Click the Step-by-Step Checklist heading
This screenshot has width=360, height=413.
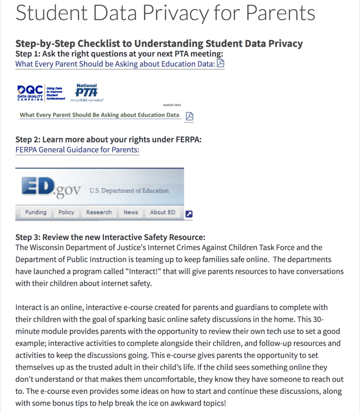(x=159, y=44)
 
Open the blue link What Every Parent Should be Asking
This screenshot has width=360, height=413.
(x=115, y=64)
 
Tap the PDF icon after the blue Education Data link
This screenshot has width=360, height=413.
(x=220, y=64)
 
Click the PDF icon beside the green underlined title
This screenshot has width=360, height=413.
(x=189, y=116)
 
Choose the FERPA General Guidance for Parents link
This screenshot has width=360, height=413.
(x=77, y=150)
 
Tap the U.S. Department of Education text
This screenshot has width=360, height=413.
(x=129, y=190)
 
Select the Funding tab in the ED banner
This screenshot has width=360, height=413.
(x=36, y=212)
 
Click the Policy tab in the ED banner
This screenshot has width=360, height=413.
(x=66, y=212)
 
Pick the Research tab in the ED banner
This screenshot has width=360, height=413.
(x=99, y=212)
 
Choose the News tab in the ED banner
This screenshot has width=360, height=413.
(x=131, y=212)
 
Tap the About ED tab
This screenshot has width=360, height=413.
(x=163, y=212)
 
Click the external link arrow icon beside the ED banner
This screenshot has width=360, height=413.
(x=188, y=214)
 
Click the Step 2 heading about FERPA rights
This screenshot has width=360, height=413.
(x=108, y=140)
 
